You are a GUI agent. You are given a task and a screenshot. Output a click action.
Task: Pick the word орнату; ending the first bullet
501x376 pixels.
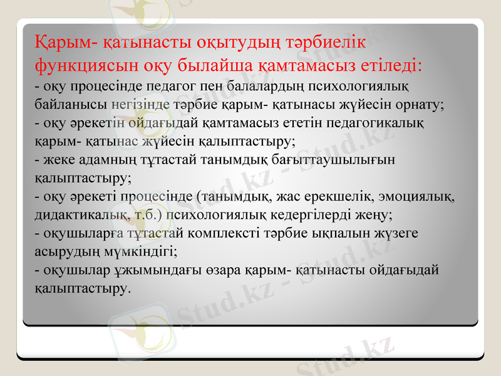coord(416,104)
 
